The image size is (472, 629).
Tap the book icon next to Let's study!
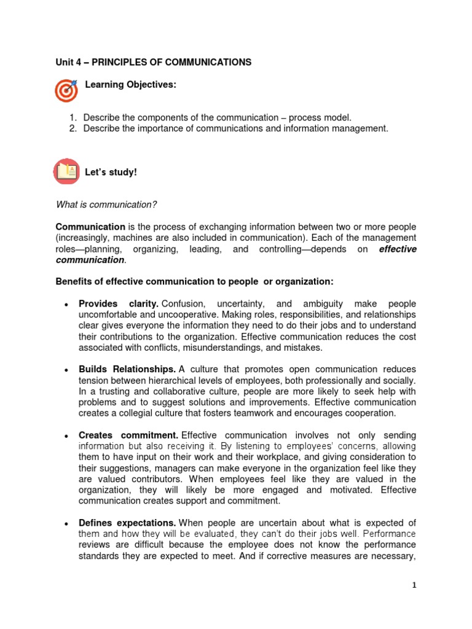tap(66, 171)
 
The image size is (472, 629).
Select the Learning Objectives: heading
tap(130, 84)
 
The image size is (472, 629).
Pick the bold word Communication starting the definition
tap(90, 226)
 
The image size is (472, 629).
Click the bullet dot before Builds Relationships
tap(65, 370)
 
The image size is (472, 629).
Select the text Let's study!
tap(111, 172)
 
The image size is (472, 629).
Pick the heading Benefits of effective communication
tap(194, 281)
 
